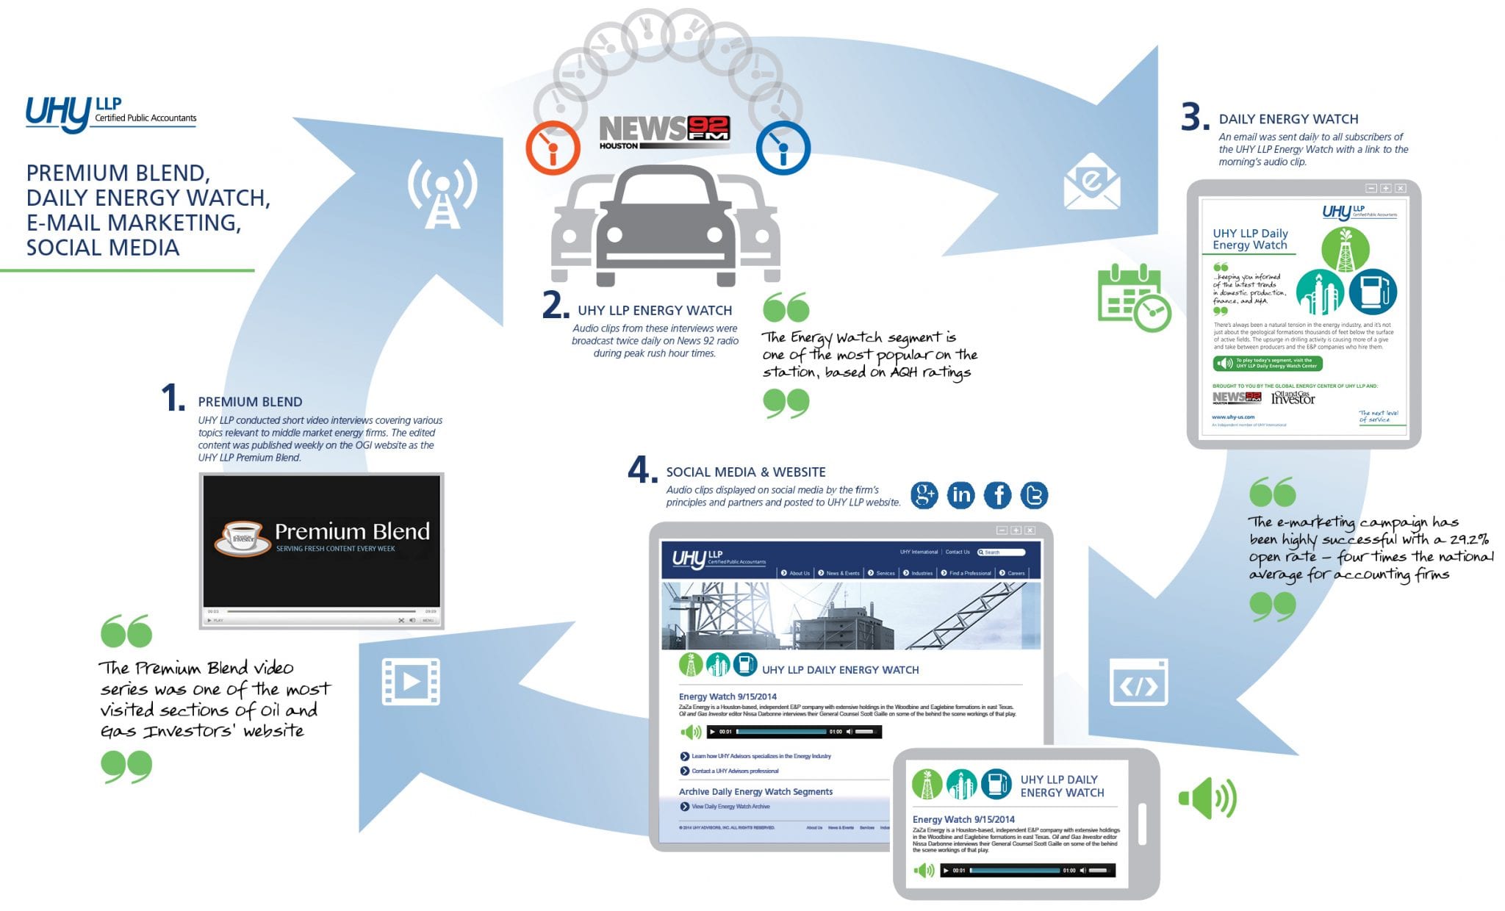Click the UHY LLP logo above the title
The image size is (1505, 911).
(x=110, y=115)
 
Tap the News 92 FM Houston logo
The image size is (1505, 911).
(x=664, y=132)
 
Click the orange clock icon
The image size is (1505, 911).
(x=553, y=148)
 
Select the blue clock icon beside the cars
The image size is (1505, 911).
(x=783, y=148)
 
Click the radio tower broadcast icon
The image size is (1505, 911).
(x=442, y=192)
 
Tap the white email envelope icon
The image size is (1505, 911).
(x=1092, y=181)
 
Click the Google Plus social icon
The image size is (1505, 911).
(x=924, y=495)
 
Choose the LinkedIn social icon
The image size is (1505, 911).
(x=960, y=495)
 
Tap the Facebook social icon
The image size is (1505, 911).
(x=997, y=495)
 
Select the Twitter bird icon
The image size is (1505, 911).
(x=1034, y=495)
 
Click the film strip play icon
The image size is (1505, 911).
(x=411, y=682)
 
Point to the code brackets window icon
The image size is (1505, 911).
(x=1138, y=683)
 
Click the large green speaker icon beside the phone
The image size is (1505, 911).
(x=1207, y=798)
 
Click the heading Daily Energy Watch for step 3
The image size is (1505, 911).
(x=1288, y=119)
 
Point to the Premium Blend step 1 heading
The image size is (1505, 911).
(x=250, y=402)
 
